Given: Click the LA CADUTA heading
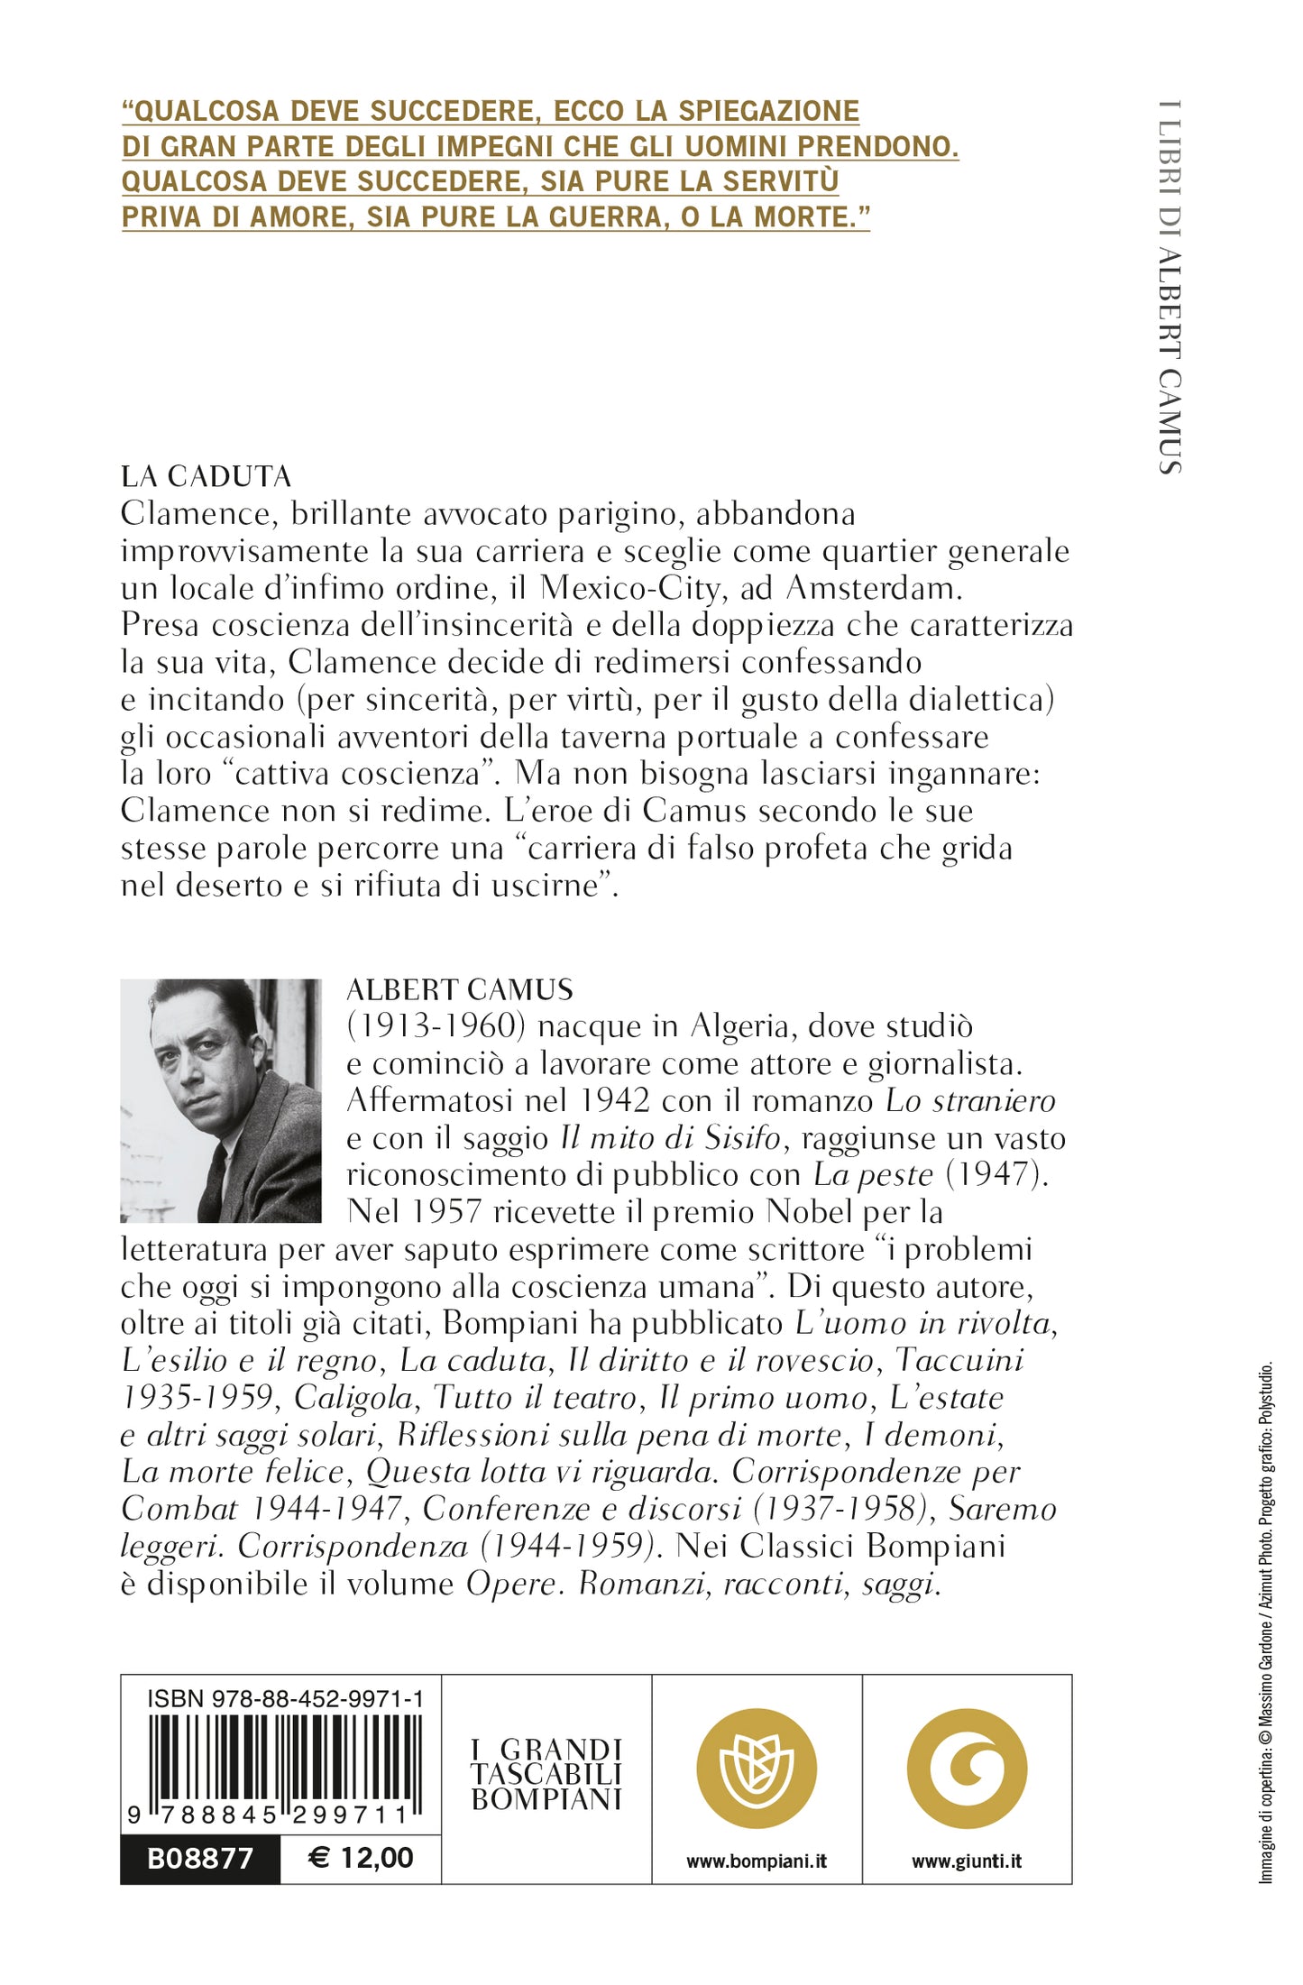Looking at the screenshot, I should pos(206,476).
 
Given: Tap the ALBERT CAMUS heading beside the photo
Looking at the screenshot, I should pos(460,989).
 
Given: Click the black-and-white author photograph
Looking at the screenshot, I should pos(221,1100).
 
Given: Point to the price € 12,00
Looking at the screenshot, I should pos(361,1858).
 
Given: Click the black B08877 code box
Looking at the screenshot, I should pos(200,1859).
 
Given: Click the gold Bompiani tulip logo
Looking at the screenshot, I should pos(757,1769).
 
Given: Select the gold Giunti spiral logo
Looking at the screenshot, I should pos(967,1769).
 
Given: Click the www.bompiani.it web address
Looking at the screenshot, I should pos(757,1861).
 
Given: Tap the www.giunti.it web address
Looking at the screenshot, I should pos(967,1861).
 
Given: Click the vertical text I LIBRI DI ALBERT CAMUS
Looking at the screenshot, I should pos(1170,287).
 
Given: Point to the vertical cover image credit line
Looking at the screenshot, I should pos(1266,1623).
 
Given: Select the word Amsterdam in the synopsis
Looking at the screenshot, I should pos(873,588).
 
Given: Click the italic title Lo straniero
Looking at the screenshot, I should pos(970,1101).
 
